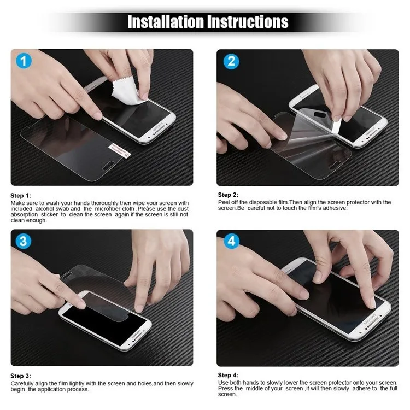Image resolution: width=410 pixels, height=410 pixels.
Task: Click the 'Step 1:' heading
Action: [21, 195]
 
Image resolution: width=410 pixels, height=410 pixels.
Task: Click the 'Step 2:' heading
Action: [228, 195]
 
